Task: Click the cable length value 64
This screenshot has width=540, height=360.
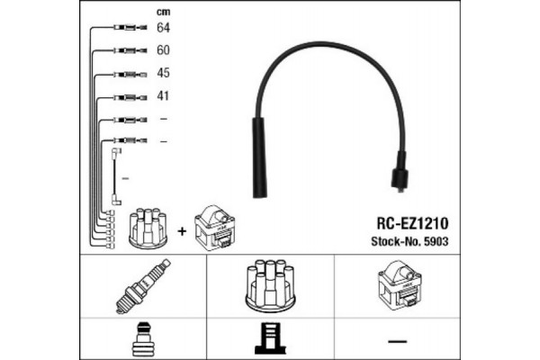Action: [x=164, y=29]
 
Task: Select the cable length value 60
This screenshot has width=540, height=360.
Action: [x=164, y=51]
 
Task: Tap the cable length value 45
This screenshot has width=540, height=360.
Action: [x=164, y=74]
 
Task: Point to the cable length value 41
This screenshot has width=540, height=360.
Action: [x=164, y=96]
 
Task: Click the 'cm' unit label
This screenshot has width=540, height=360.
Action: [x=163, y=12]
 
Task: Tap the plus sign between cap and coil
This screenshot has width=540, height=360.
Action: [x=183, y=230]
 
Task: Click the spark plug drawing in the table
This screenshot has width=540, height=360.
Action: [x=144, y=287]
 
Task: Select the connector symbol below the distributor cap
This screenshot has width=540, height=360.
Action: [x=269, y=339]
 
